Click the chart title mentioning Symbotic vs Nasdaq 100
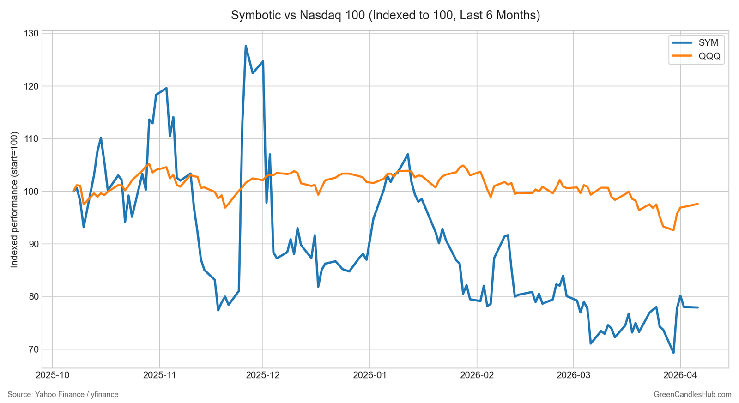tap(385, 15)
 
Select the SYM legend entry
tap(708, 43)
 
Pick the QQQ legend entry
tap(709, 56)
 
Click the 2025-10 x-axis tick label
tap(52, 375)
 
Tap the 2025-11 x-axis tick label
tap(159, 375)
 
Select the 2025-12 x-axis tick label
tap(263, 375)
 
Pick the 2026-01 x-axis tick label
tap(369, 375)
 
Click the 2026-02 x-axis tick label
tap(477, 375)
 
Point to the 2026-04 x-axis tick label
tap(680, 375)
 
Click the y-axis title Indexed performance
tap(14, 199)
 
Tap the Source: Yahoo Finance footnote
tap(63, 395)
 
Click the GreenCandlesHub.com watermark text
tap(692, 395)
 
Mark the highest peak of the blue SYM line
tap(246, 46)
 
